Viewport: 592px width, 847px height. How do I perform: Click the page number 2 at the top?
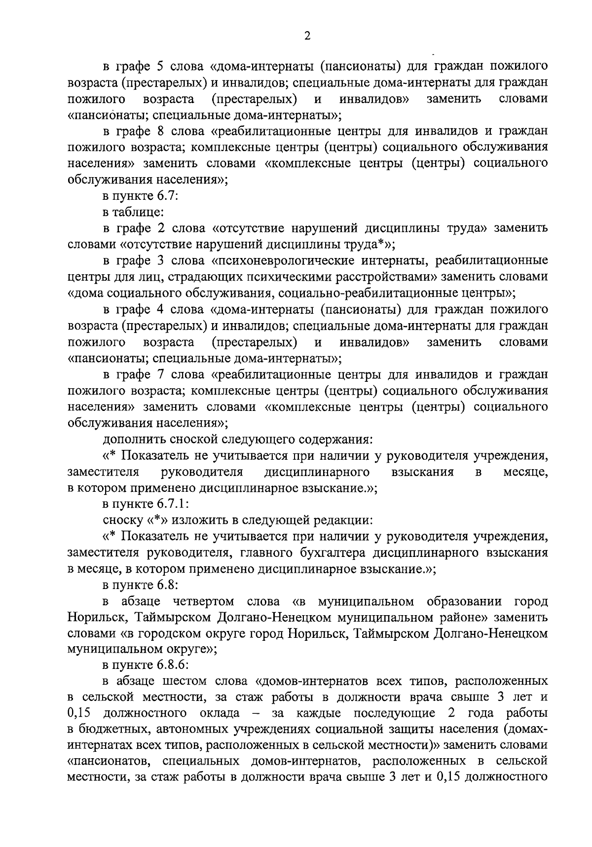[x=307, y=37]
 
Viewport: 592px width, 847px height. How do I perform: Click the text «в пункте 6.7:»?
[x=140, y=196]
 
